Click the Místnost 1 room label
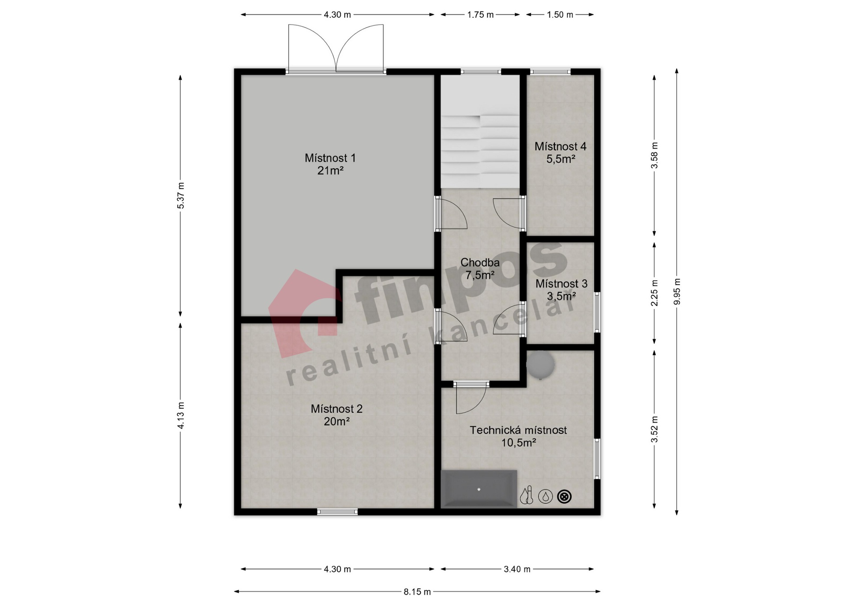330,164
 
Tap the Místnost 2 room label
337,415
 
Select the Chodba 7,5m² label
480,269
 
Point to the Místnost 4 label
561,152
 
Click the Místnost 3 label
562,290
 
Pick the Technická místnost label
518,436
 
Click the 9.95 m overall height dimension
677,291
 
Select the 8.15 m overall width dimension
417,592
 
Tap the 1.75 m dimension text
480,15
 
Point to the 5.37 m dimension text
180,195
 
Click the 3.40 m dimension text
517,569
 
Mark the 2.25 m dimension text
654,293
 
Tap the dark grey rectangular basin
479,489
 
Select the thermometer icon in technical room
528,496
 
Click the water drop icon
545,496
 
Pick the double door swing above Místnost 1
336,48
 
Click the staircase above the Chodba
480,132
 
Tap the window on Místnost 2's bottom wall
337,512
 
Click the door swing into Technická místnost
471,398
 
